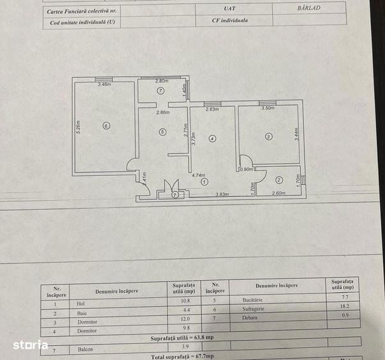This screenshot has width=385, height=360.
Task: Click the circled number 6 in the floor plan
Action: (x=106, y=126)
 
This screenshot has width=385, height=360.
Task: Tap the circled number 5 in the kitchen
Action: (x=163, y=132)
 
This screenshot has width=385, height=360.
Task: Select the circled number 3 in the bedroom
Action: (x=269, y=136)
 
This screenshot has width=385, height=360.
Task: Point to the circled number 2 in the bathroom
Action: (x=279, y=180)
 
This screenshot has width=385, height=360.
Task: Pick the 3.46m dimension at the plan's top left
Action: (x=103, y=84)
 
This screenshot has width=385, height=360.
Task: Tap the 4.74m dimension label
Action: (x=198, y=174)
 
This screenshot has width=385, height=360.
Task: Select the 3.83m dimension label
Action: (x=222, y=194)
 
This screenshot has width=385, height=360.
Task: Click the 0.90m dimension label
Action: (x=246, y=169)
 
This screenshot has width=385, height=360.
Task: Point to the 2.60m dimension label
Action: (x=279, y=194)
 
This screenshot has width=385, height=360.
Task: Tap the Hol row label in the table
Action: (x=80, y=301)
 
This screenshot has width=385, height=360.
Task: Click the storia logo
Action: (x=30, y=345)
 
